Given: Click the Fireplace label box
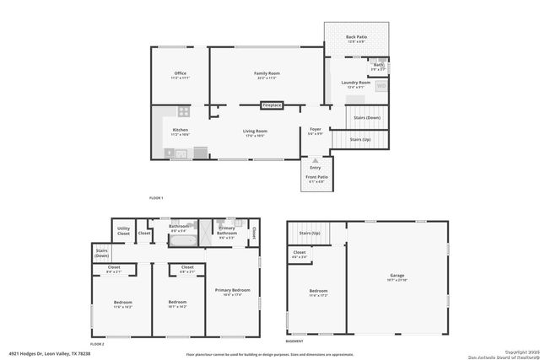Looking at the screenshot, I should click(272, 105).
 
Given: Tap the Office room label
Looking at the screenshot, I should click(179, 75).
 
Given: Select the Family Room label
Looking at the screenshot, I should click(267, 75).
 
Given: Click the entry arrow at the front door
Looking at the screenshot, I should click(316, 159).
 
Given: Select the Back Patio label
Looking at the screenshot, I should click(356, 39).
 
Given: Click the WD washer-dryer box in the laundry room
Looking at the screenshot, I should click(381, 85).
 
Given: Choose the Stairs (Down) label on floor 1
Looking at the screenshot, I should click(367, 117).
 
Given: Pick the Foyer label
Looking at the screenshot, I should click(316, 131).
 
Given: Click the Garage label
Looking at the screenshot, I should click(397, 277).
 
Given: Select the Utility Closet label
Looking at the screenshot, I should click(123, 230).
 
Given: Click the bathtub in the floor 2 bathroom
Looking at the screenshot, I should click(182, 240).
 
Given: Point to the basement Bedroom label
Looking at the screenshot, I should click(317, 293).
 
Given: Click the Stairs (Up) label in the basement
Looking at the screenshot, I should click(310, 233).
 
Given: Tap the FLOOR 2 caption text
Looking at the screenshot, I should click(97, 344).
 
